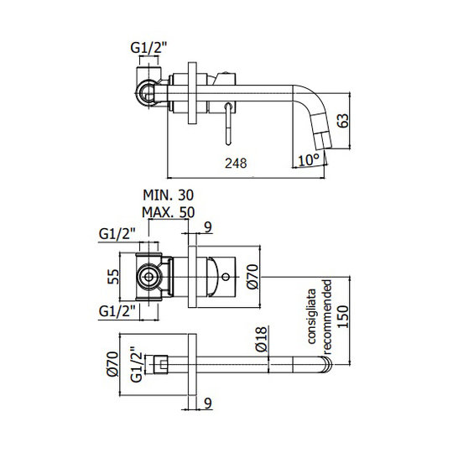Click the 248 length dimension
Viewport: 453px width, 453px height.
pos(236,164)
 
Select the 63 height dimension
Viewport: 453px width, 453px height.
pos(343,121)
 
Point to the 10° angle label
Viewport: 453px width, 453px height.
pos(309,159)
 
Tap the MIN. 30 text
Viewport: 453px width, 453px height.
pos(168,195)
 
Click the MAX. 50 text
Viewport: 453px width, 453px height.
pos(168,212)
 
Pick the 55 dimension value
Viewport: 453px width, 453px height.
pos(113,277)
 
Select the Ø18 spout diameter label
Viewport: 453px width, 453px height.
pos(261,339)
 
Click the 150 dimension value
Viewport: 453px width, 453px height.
pos(343,316)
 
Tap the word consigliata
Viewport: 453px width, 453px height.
pos(312,316)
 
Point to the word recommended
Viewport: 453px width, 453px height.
pos(327,317)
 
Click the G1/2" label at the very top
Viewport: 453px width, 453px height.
pos(148,48)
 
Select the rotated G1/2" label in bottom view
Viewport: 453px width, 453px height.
pos(137,364)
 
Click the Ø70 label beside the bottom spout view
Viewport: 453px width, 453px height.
pos(112,364)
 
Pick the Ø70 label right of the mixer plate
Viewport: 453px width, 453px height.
pos(253,277)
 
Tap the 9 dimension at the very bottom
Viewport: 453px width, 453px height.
pos(208,404)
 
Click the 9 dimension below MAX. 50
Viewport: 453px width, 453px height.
pos(208,227)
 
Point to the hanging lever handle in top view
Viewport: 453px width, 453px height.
pos(228,123)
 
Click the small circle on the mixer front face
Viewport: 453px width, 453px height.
pos(226,277)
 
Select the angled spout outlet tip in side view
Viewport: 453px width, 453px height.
pos(322,141)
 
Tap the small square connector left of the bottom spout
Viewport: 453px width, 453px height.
pos(160,364)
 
